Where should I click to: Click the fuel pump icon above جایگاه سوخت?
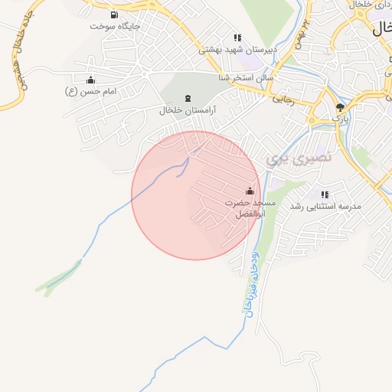[114, 15]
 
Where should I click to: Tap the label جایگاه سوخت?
[114, 26]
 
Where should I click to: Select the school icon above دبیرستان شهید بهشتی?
[237, 38]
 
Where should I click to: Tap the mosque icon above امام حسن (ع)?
[90, 80]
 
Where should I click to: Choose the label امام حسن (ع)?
[90, 91]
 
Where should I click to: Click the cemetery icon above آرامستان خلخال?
[188, 98]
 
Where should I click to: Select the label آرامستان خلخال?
[188, 110]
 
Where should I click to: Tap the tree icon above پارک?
[340, 108]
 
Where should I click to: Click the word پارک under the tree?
[340, 119]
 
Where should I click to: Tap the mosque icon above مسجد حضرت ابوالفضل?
[250, 191]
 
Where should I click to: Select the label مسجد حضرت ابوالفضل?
[250, 207]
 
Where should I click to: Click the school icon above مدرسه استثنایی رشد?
[325, 194]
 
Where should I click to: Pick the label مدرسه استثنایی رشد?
[325, 207]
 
